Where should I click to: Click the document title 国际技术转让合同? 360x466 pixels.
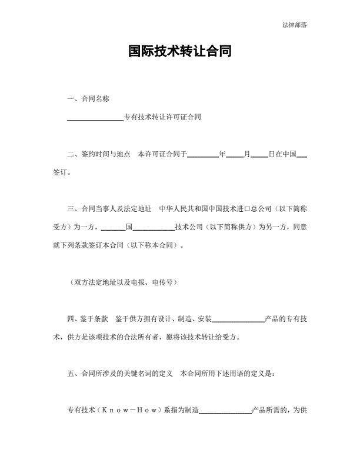point(179,52)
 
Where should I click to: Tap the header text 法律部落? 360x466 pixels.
point(294,25)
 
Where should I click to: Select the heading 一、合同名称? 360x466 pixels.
point(88,99)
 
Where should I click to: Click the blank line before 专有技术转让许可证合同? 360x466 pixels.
point(95,118)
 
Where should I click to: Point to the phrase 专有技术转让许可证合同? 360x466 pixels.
point(162,118)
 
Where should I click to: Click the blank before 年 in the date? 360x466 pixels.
point(202,155)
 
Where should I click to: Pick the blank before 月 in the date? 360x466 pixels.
point(234,155)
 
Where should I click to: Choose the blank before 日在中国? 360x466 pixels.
point(259,155)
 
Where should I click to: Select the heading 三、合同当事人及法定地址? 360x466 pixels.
point(109,209)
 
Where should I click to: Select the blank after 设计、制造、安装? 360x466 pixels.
point(238,319)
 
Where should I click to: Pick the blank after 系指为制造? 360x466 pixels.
point(226,411)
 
